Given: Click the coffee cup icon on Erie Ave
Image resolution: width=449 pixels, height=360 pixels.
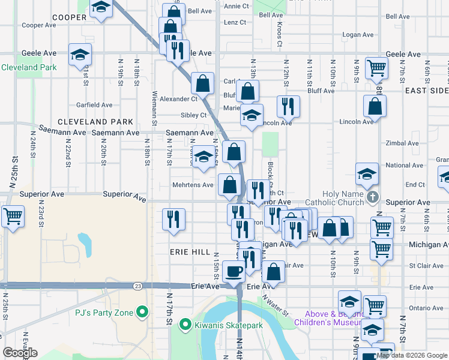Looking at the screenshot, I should pos(234,271).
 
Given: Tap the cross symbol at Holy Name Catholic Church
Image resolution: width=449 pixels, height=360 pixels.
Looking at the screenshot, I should pos(373,197).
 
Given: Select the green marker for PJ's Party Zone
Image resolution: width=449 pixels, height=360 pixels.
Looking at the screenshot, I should pos(142,311).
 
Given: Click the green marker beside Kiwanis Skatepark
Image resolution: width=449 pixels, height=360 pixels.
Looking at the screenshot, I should pos(185,326).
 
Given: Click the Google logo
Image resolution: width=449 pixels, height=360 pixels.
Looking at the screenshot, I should pos(20,353).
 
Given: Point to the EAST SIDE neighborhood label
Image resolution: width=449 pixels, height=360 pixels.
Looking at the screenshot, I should pos(426,90).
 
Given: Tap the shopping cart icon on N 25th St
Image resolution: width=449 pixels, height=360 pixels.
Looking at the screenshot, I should pos(12,215).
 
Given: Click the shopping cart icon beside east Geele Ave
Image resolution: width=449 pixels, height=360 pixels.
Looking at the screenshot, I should pos(376,68).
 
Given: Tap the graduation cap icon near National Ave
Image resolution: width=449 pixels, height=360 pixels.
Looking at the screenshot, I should pos(367,174).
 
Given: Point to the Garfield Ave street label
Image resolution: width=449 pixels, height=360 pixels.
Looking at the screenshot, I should pos(94,105).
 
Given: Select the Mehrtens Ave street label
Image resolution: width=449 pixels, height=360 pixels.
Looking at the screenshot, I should pos(193,185).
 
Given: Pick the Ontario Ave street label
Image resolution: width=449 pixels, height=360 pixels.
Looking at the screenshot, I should pos(426,308).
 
